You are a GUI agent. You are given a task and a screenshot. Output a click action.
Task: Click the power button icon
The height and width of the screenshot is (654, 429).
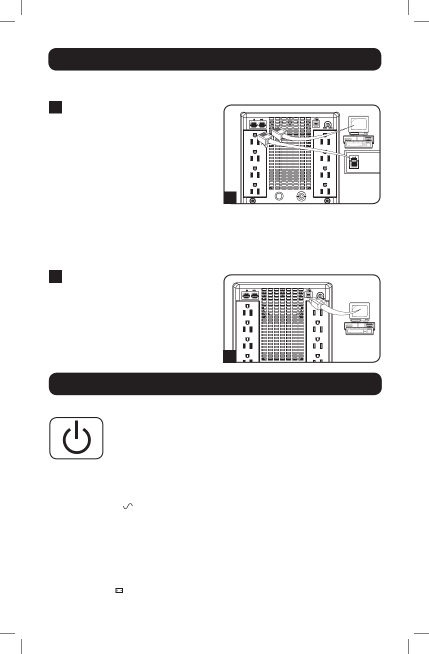click(76, 438)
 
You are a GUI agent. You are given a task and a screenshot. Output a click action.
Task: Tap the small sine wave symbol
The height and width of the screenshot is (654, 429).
click(127, 506)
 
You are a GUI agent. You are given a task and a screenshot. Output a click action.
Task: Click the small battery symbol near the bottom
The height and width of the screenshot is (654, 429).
click(119, 590)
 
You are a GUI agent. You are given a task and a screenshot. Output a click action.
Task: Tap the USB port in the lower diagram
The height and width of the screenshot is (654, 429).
click(308, 294)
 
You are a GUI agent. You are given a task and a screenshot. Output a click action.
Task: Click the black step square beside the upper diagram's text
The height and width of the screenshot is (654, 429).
click(55, 107)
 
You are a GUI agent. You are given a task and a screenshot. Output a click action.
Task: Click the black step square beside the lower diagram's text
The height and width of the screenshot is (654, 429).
click(55, 276)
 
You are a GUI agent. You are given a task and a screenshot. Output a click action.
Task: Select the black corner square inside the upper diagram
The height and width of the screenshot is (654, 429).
click(229, 197)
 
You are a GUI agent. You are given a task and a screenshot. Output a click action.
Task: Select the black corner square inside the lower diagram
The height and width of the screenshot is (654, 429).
click(229, 356)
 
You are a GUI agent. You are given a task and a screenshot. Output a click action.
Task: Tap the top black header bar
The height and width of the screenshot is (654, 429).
click(214, 59)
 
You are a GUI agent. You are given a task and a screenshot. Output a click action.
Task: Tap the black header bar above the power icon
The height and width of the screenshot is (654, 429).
click(214, 383)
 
